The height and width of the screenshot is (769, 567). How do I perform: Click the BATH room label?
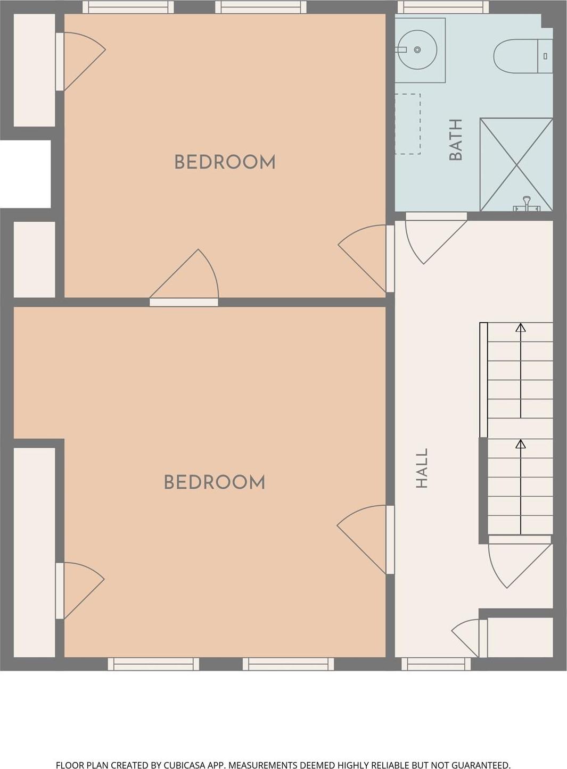(456, 140)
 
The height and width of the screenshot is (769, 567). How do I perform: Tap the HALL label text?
(422, 468)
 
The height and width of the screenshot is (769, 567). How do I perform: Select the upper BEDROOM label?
(225, 162)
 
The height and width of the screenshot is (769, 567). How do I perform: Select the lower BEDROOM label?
(215, 482)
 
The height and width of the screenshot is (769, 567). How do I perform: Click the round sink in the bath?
(417, 50)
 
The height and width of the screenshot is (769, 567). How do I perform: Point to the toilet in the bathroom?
(523, 56)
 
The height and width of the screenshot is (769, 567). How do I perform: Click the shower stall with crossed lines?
(516, 164)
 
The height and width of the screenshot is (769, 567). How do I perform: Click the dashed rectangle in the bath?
(408, 123)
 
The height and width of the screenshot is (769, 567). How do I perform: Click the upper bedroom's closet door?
(81, 62)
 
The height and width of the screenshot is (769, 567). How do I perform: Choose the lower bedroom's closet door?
(80, 590)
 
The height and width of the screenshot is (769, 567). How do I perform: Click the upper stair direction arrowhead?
(521, 328)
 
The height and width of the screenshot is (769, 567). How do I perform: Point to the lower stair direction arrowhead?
(521, 444)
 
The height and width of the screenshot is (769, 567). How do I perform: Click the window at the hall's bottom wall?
(435, 664)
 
